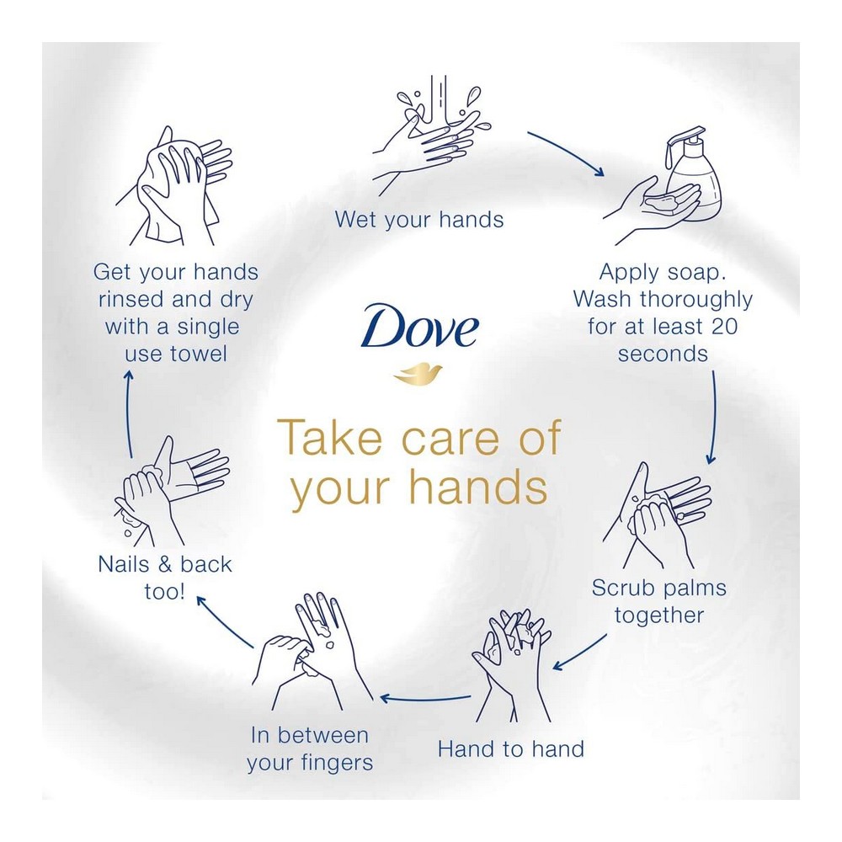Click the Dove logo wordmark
point(419,327)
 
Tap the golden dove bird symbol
point(418,374)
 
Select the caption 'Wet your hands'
point(419,220)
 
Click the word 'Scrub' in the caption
point(622,588)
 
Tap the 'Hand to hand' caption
point(511,749)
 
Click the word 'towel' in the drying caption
point(199,354)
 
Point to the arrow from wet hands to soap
point(566,152)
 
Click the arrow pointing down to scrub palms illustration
point(713,417)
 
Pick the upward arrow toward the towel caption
point(129,414)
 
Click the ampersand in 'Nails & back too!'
point(165,564)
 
